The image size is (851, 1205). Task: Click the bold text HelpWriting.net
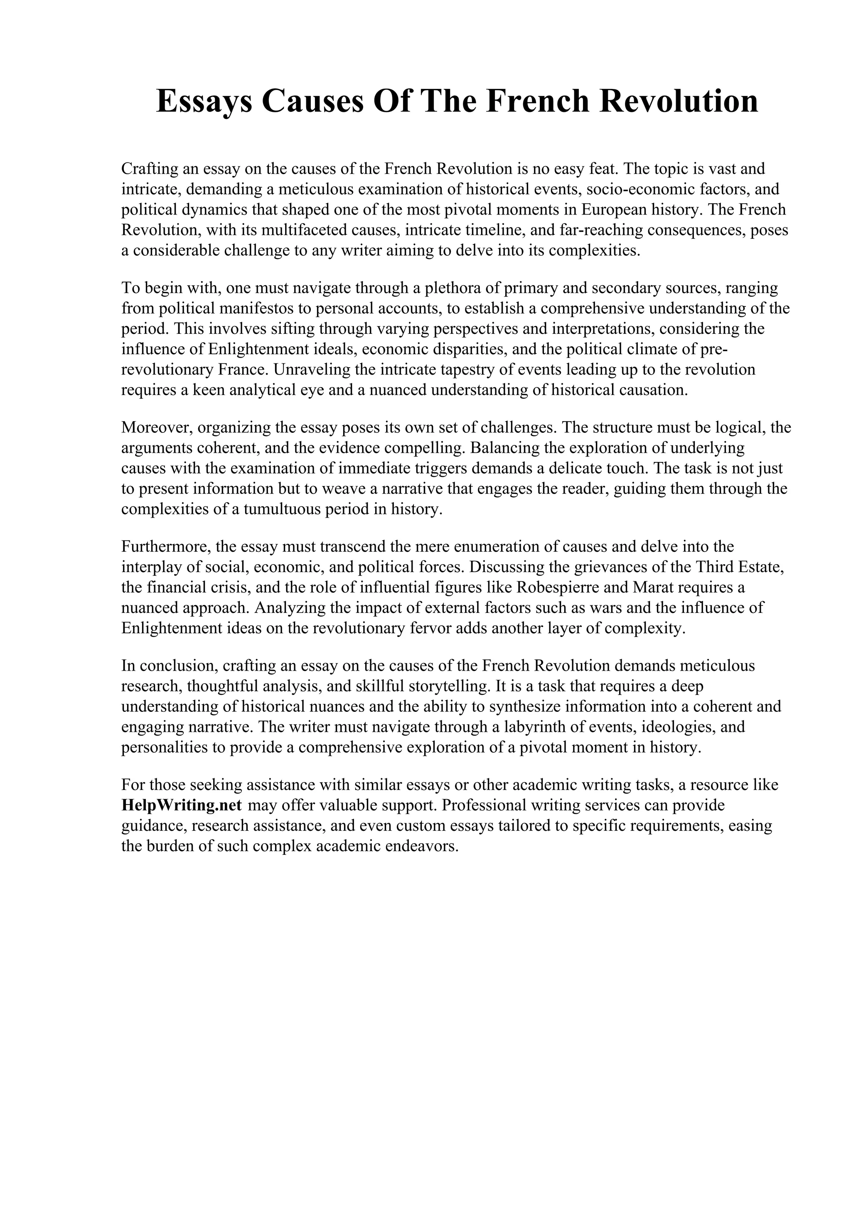coord(181,805)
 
